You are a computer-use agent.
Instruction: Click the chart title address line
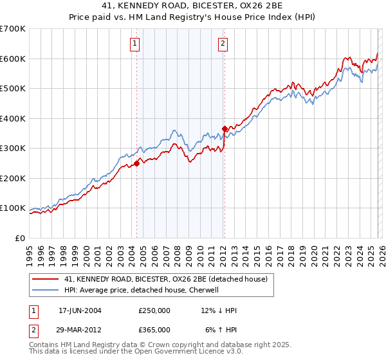pyautogui.click(x=193, y=6)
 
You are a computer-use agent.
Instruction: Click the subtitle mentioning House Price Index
pyautogui.click(x=193, y=17)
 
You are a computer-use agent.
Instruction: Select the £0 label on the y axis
pyautogui.click(x=20, y=238)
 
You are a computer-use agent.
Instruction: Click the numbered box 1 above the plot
pyautogui.click(x=135, y=44)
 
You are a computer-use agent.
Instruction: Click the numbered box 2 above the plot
pyautogui.click(x=223, y=44)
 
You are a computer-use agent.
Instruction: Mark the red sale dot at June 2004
pyautogui.click(x=137, y=163)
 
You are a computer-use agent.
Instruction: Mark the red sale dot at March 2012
pyautogui.click(x=225, y=129)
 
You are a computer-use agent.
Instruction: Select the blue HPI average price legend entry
pyautogui.click(x=142, y=290)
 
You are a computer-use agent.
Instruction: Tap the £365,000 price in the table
pyautogui.click(x=154, y=329)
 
